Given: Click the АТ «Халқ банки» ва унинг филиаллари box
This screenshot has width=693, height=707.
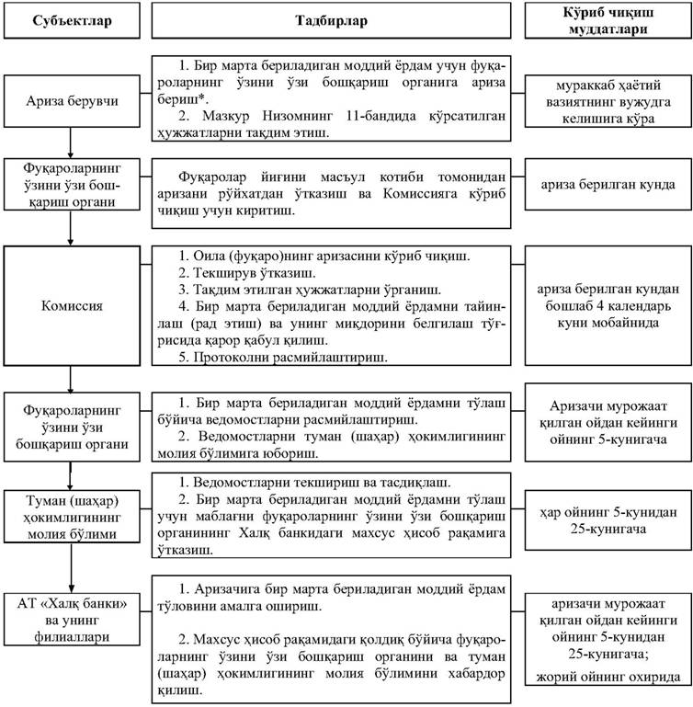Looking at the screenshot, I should (70, 635).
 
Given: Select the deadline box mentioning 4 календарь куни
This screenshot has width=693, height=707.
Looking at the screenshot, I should (607, 304).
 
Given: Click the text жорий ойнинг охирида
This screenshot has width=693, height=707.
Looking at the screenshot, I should (607, 678).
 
